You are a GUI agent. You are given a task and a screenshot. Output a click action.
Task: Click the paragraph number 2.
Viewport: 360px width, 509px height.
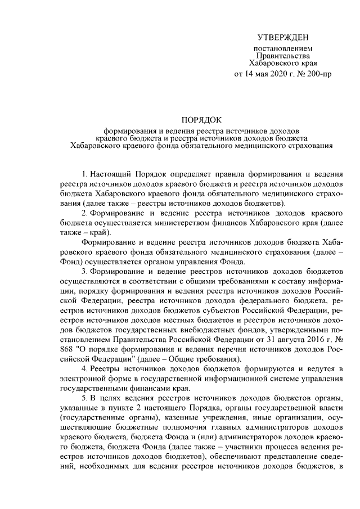coord(84,214)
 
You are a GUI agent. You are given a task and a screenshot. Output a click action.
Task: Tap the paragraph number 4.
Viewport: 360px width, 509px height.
coord(84,367)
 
